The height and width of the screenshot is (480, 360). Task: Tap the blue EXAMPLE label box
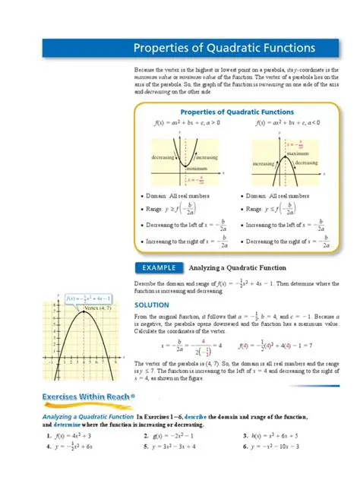click(159, 267)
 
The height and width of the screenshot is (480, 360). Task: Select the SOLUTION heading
click(150, 304)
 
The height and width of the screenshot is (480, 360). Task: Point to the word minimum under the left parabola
click(196, 169)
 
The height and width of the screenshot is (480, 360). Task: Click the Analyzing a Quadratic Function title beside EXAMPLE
click(237, 267)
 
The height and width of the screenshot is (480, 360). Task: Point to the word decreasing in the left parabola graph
click(163, 156)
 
